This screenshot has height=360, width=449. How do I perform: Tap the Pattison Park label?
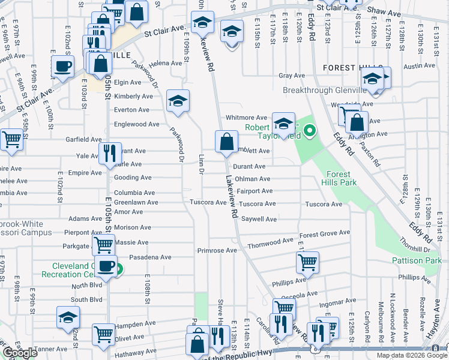[417, 260]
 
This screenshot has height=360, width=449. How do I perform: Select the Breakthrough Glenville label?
[321, 91]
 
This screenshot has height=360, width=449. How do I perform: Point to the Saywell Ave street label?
[259, 220]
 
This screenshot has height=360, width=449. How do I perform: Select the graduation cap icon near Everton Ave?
[178, 100]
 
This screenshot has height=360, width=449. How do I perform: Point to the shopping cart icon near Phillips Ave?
[307, 262]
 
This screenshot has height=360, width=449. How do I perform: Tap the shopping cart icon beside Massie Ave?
[103, 244]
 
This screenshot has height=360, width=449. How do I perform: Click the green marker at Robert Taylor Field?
[309, 130]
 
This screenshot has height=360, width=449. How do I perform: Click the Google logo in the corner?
[20, 353]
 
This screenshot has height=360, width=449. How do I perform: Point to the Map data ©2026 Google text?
[411, 355]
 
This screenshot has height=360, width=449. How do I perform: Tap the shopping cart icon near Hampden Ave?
[103, 334]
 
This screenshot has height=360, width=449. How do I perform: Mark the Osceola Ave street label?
[303, 295]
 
